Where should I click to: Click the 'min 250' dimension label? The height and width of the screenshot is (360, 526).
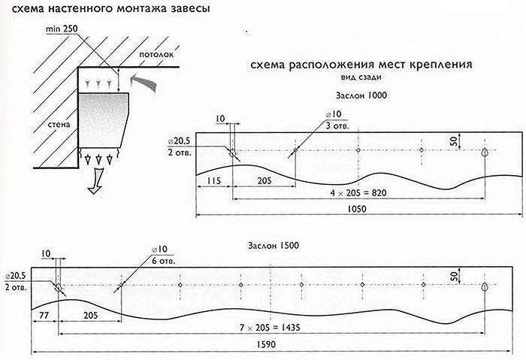click(x=62, y=29)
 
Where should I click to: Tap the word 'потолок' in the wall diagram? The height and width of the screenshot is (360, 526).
click(x=156, y=54)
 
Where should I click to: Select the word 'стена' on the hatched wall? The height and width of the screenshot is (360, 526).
click(x=59, y=125)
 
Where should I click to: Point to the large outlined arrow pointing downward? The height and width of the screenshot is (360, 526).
click(x=96, y=182)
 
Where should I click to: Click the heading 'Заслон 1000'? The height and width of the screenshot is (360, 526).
click(x=361, y=95)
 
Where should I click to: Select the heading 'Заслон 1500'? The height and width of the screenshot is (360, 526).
click(x=274, y=245)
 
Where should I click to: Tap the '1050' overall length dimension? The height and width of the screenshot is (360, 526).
click(x=357, y=209)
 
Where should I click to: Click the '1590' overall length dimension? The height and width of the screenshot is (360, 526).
click(x=266, y=344)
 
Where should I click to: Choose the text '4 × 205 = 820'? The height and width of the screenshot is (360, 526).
click(x=358, y=193)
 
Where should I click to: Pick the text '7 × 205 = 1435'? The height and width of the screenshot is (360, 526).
click(x=270, y=328)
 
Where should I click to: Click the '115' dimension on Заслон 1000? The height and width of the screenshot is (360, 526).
click(x=213, y=181)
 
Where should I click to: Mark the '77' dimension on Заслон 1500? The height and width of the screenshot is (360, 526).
click(x=44, y=316)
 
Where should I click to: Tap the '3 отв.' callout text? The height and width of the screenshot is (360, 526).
click(x=337, y=126)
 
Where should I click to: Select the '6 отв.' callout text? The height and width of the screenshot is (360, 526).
click(x=163, y=261)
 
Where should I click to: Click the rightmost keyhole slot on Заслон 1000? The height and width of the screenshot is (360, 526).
click(x=485, y=153)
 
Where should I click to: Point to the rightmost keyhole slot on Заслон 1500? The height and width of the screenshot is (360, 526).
click(x=485, y=287)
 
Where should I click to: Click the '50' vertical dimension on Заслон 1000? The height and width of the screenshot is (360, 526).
click(x=454, y=141)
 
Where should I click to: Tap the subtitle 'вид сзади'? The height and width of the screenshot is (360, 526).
click(x=361, y=77)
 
